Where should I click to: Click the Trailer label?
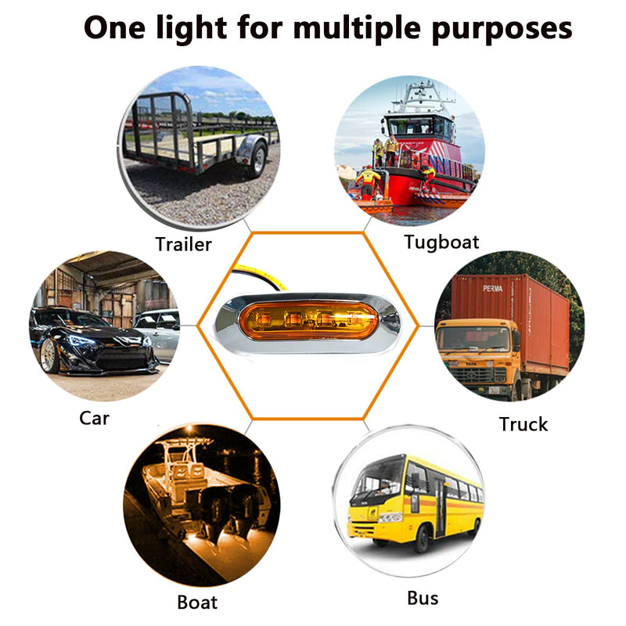[183, 244]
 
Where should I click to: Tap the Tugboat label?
[441, 243]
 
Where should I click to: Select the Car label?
[94, 419]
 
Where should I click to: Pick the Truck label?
[523, 424]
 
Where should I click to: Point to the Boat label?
[197, 602]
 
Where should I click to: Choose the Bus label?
[423, 598]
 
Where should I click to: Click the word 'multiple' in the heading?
[358, 29]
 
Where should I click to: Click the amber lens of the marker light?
[308, 320]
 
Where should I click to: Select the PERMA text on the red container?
[492, 288]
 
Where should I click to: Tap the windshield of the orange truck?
[476, 339]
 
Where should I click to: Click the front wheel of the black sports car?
[50, 355]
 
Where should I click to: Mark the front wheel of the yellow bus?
[422, 538]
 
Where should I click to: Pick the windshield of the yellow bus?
[380, 480]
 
